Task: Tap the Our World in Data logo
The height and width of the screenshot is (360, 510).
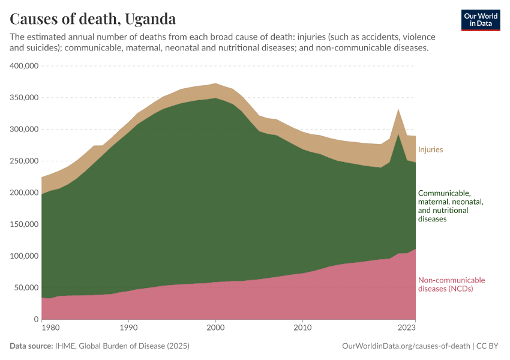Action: point(481,20)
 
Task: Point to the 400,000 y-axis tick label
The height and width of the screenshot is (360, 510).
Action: point(24,66)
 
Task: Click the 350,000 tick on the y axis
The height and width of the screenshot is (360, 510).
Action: point(24,98)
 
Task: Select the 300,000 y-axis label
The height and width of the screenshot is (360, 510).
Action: point(24,130)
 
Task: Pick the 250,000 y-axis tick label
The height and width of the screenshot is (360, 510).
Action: point(24,161)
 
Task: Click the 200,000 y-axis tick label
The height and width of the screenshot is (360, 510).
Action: point(24,193)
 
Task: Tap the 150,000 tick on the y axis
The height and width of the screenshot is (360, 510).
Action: point(24,224)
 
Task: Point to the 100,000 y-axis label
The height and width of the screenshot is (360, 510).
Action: point(24,256)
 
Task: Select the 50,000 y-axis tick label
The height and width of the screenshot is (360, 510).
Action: point(26,288)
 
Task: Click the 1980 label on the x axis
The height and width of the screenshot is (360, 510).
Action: point(50,328)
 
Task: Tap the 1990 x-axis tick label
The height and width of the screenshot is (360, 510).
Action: point(128,328)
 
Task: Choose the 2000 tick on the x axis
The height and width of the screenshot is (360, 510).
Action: point(215,328)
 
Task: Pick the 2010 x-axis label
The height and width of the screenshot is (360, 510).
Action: point(302,328)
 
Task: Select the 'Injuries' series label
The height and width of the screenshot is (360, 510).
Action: point(430,149)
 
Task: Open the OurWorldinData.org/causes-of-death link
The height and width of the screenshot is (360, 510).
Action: point(406,346)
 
